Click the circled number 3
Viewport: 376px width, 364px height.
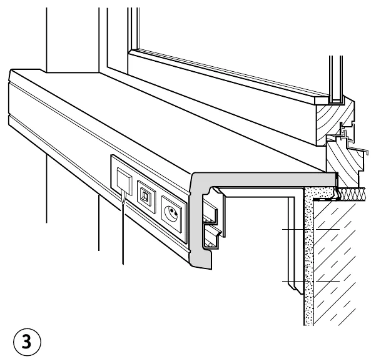27,342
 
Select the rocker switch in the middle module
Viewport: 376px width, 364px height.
145,196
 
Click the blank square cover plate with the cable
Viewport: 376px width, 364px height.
124,180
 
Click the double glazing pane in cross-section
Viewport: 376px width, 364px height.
336,79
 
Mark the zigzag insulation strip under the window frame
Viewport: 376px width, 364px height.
352,194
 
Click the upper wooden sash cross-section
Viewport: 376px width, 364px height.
335,122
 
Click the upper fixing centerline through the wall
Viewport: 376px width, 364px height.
311,230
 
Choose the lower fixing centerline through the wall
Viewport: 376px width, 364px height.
311,281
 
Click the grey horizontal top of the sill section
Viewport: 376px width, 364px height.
264,179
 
